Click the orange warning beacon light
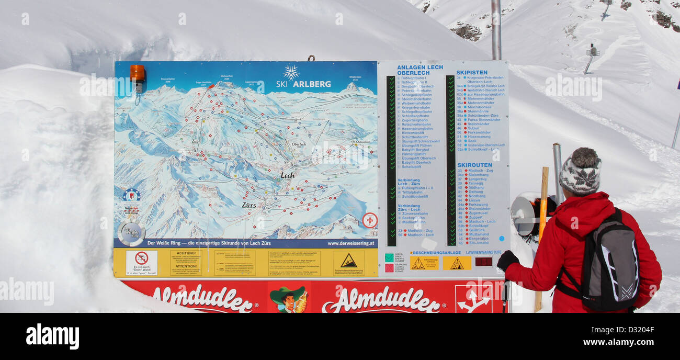137,74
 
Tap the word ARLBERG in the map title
312,84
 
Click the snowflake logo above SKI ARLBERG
291,72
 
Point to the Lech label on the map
288,175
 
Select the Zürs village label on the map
249,205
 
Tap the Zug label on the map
195,141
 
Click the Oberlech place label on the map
299,144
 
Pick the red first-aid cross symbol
370,220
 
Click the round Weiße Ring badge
130,233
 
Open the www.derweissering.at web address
351,243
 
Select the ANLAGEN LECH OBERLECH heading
420,70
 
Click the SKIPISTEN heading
471,73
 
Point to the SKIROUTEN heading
474,165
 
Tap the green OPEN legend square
389,257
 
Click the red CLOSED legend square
389,267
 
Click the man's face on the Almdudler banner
287,301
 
